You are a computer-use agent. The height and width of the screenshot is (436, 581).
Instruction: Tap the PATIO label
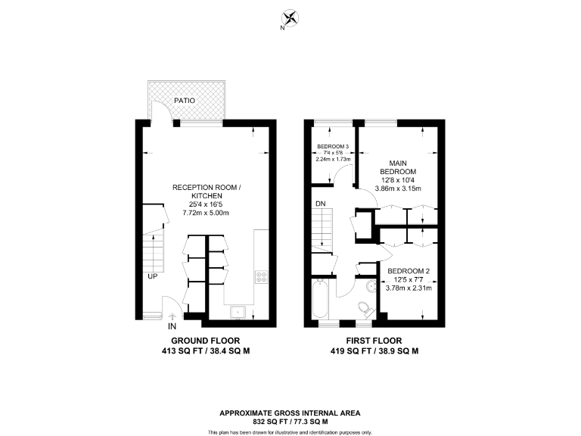[x=184, y=99]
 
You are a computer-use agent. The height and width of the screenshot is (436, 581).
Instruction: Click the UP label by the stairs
[x=152, y=276]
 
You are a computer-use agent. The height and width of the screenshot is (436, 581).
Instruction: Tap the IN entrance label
[x=172, y=328]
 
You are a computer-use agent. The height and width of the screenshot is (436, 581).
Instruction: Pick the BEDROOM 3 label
[x=333, y=146]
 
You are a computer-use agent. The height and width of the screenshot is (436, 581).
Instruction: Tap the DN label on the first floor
[x=321, y=204]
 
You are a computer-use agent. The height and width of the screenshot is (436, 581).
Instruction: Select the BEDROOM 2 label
[x=409, y=270]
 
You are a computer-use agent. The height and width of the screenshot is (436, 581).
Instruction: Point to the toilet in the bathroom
[x=363, y=307]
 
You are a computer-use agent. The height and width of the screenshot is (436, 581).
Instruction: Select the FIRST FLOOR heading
[x=374, y=341]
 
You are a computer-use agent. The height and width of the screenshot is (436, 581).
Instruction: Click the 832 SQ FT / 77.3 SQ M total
[x=290, y=421]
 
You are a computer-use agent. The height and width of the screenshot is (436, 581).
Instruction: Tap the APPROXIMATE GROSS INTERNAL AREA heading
[x=290, y=413]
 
